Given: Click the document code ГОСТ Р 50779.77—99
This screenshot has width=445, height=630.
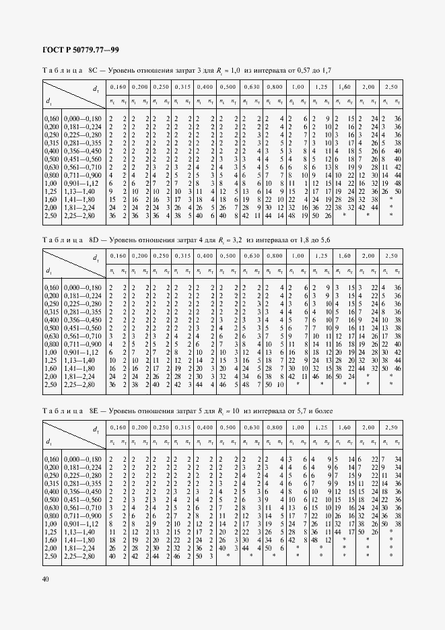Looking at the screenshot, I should pos(76,49).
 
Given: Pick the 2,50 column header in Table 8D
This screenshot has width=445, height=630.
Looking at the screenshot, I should pos(391,258).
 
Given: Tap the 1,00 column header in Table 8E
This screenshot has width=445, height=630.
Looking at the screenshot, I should pos(298,427).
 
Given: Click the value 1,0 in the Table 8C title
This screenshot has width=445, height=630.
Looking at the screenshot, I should pos(235,70).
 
